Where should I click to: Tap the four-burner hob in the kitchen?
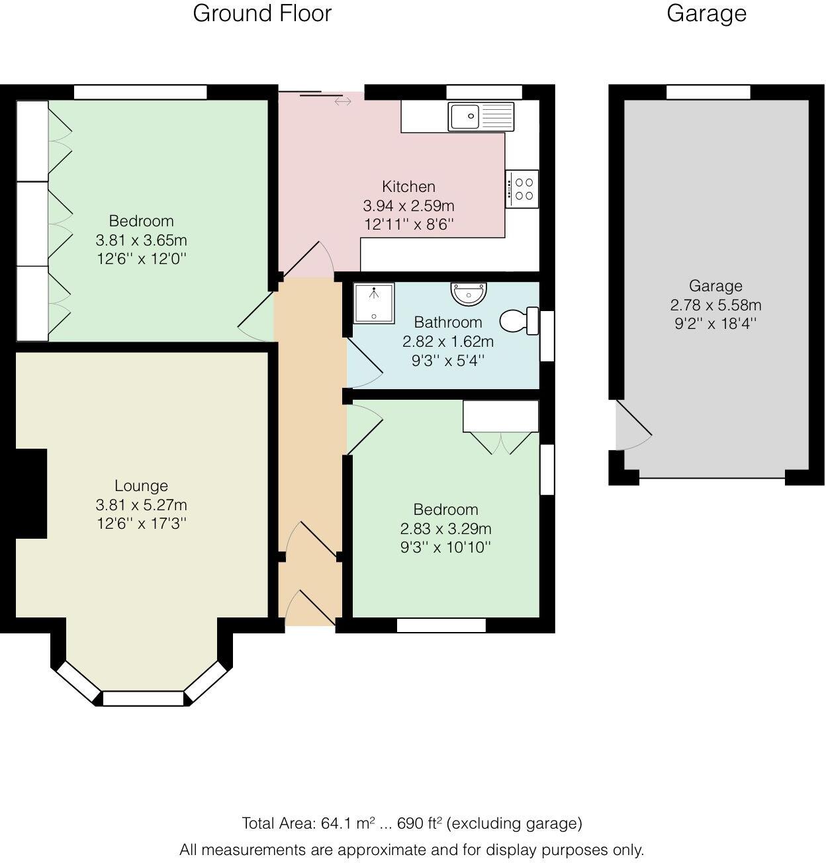click(522, 189)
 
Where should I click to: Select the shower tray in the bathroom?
click(374, 304)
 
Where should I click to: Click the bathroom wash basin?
click(469, 292)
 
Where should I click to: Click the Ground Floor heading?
click(262, 13)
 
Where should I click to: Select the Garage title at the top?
click(706, 13)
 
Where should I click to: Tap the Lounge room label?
click(141, 486)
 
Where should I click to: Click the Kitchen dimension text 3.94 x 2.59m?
click(408, 206)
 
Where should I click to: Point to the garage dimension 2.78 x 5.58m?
click(715, 305)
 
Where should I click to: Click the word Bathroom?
click(448, 322)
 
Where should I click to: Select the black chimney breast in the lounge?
click(30, 494)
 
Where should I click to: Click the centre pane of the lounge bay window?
click(143, 698)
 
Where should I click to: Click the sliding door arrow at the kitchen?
click(343, 101)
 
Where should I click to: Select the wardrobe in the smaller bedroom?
click(500, 416)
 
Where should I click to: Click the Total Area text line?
click(412, 823)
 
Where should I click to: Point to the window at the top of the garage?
click(708, 92)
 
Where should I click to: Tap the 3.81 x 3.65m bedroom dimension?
click(141, 240)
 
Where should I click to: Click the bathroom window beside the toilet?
click(547, 336)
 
